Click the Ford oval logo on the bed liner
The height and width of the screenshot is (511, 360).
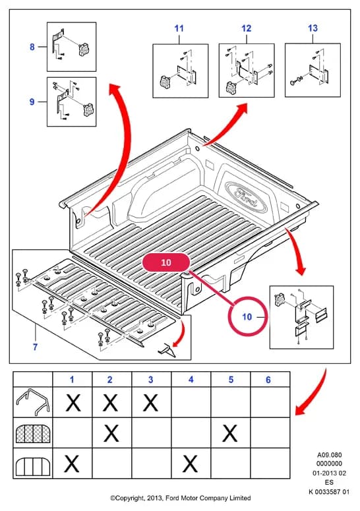246,197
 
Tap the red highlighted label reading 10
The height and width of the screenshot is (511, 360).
166,262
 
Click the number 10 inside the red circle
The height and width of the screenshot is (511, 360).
247,316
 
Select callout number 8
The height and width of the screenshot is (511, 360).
32,47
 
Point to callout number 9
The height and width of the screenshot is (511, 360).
32,102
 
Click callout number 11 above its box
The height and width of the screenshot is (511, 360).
179,28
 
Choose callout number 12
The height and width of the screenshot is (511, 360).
247,28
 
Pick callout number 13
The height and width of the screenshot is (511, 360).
313,28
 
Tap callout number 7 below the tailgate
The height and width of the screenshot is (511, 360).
35,347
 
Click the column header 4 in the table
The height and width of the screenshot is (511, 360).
191,380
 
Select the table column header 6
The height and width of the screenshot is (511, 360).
268,380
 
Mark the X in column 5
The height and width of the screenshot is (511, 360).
230,433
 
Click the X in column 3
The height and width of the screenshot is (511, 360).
150,403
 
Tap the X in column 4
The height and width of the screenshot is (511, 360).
191,464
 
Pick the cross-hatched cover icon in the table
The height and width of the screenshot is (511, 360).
33,433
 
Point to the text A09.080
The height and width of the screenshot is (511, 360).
330,455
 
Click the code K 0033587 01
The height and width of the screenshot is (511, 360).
329,492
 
